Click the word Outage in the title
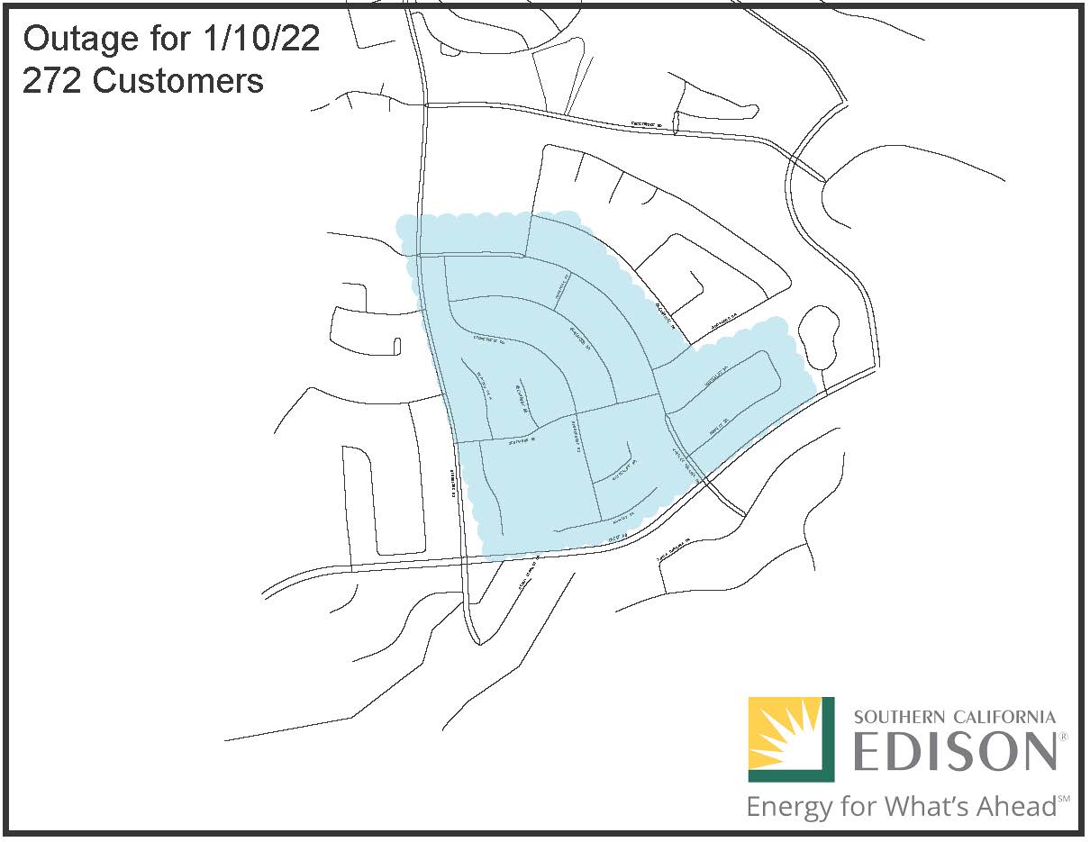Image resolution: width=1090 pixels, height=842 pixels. coord(78,40)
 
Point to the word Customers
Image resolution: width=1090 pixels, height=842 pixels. coord(177,81)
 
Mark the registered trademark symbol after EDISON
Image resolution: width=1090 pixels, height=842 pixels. coord(1063,737)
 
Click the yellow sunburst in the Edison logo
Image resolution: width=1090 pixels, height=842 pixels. coord(782,734)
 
